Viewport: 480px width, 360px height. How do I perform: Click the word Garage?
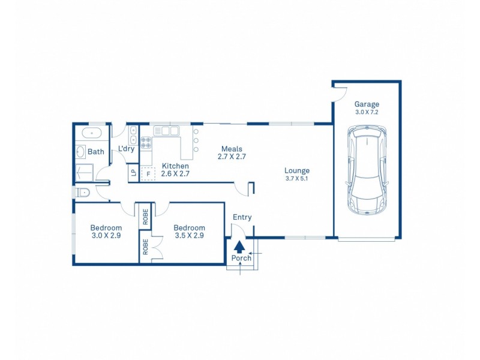click(x=366, y=104)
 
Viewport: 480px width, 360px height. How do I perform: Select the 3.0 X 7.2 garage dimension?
click(x=366, y=112)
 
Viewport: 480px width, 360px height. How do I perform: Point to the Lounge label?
click(x=297, y=170)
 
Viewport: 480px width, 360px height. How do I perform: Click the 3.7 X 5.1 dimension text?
click(x=297, y=178)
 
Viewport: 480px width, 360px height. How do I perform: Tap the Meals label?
click(x=232, y=149)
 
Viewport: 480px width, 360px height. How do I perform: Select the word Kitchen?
click(x=176, y=166)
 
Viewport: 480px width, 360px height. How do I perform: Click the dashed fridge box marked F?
click(x=148, y=173)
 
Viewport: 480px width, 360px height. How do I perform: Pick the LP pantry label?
click(x=133, y=173)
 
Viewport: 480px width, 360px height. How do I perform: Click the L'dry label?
click(x=126, y=149)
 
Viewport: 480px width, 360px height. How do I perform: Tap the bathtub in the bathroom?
click(x=91, y=133)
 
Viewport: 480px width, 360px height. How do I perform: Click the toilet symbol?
click(x=83, y=193)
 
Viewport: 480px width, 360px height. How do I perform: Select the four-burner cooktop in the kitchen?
click(x=145, y=142)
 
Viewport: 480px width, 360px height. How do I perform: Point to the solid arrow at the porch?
click(x=239, y=246)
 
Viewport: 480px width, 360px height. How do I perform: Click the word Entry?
click(x=242, y=217)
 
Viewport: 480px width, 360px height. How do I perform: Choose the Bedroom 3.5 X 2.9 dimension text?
click(x=189, y=236)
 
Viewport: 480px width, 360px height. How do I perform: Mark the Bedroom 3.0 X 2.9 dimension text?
click(x=106, y=236)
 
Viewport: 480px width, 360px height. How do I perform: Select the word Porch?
click(x=241, y=259)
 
